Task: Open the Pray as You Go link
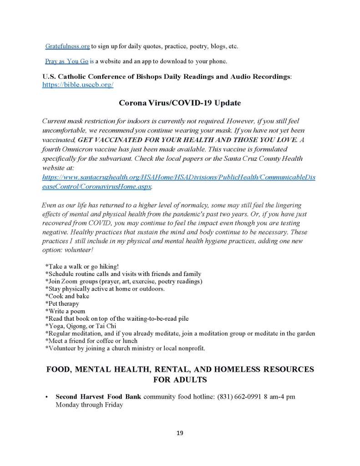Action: pos(66,61)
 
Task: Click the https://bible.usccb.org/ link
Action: pos(78,85)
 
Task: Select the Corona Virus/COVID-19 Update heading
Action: pos(180,103)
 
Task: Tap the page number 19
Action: pos(179,433)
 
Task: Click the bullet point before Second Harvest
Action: pos(47,397)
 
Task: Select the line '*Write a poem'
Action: pos(65,311)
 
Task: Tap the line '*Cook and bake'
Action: pos(67,296)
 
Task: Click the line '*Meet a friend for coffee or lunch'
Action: pos(91,341)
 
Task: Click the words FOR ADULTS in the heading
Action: pos(180,379)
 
